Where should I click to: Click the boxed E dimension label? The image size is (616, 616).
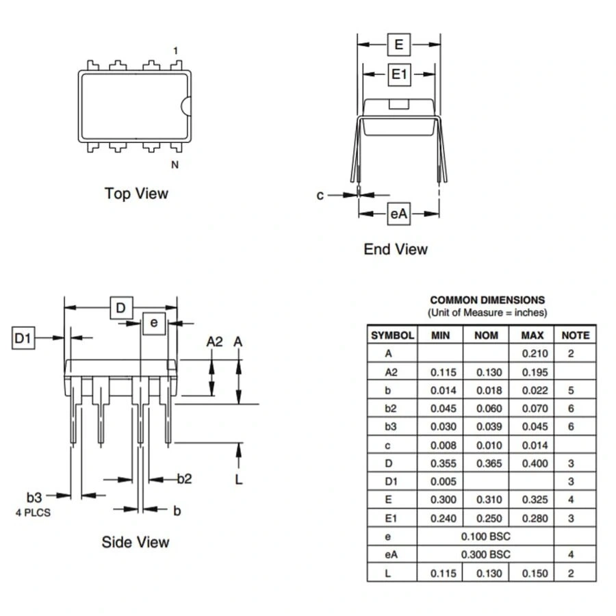point(398,45)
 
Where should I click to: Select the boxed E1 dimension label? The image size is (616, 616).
point(399,75)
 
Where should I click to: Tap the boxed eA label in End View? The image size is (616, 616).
point(398,214)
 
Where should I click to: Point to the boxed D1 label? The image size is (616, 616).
point(23,338)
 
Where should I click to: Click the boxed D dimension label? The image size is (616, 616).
point(121,308)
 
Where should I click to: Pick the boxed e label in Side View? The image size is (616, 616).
point(154,322)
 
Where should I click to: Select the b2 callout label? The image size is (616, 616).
point(184,478)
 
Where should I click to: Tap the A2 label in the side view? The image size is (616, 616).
point(214,342)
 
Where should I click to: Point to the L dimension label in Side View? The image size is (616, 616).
point(239,479)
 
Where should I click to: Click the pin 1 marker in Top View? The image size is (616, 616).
point(175,51)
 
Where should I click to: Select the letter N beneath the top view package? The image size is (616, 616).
point(175,164)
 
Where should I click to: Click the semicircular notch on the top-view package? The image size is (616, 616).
point(185,105)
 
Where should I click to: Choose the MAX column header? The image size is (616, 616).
point(532,335)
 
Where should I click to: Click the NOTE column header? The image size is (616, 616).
point(575,335)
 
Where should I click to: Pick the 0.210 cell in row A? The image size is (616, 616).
point(535,354)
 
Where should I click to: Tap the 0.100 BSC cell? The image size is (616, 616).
point(485,536)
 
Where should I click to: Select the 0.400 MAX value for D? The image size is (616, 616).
point(535,463)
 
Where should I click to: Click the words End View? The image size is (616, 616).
point(395,249)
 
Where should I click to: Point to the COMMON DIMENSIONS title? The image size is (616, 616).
point(487,300)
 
